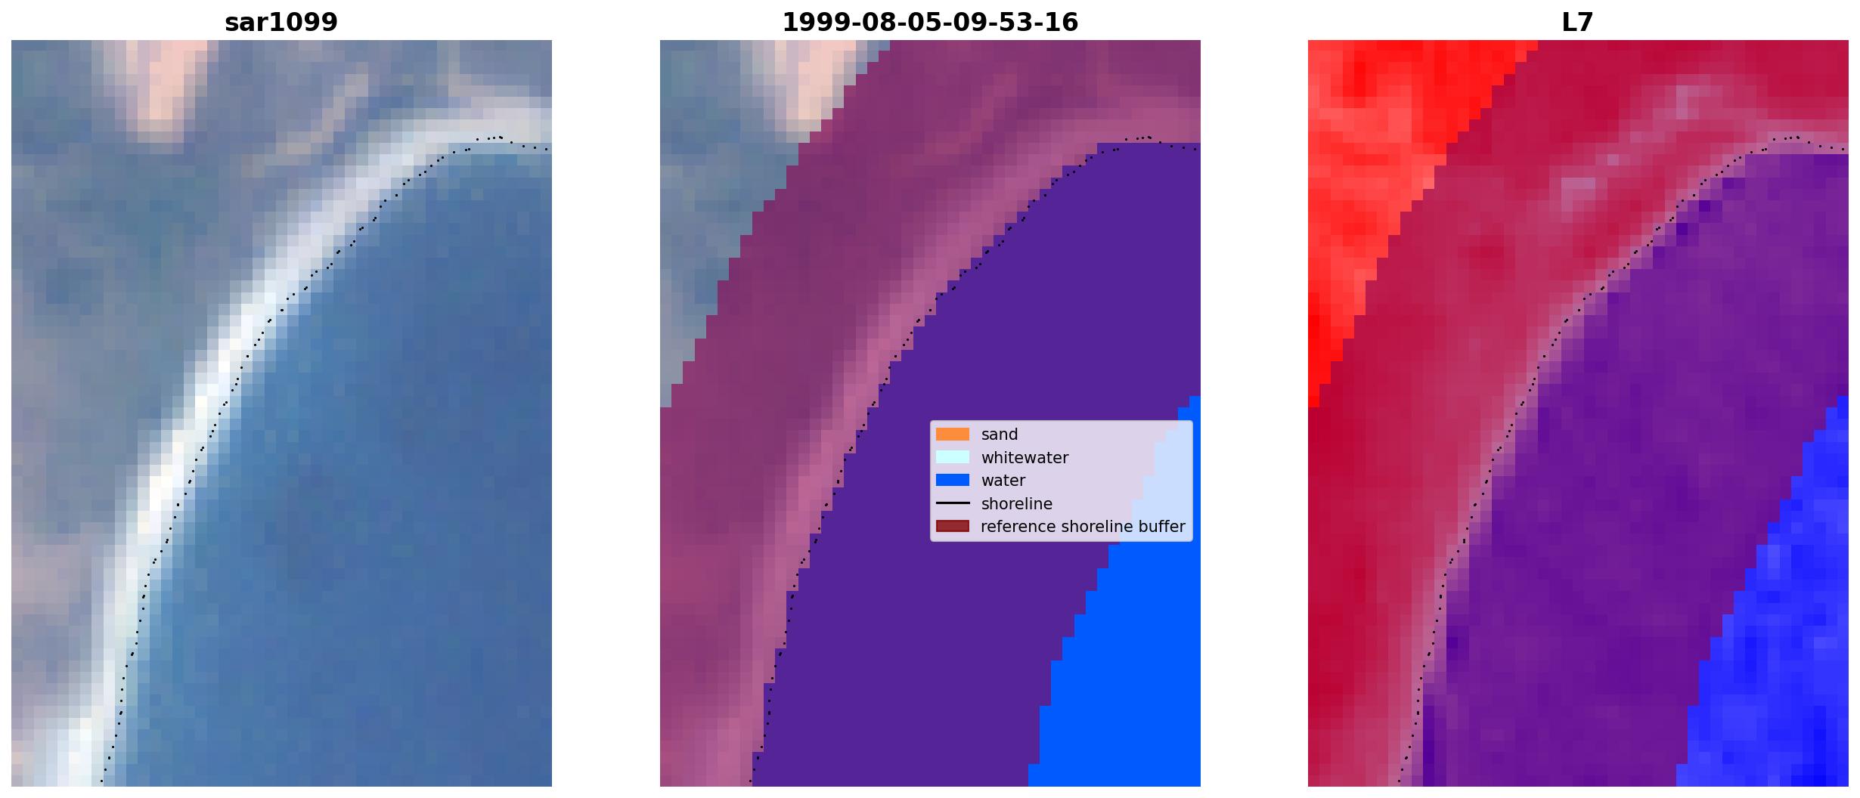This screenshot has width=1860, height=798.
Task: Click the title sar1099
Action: pos(281,23)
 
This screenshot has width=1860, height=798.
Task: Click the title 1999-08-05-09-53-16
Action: pos(930,23)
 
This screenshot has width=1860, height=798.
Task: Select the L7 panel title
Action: pos(1578,23)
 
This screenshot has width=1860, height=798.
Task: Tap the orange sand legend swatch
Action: pos(953,435)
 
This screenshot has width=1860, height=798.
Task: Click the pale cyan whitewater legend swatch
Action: pos(953,457)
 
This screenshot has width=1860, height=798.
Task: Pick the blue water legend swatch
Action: pos(953,480)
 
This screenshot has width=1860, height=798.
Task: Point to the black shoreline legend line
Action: pos(953,503)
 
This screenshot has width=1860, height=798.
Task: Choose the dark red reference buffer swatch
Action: pos(953,526)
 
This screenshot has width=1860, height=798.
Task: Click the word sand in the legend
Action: pos(1000,435)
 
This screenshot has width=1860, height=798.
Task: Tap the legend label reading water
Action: pos(1003,481)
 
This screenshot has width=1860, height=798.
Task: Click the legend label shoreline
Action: pos(1016,503)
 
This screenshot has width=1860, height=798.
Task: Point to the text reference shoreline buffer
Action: pos(1083,527)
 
